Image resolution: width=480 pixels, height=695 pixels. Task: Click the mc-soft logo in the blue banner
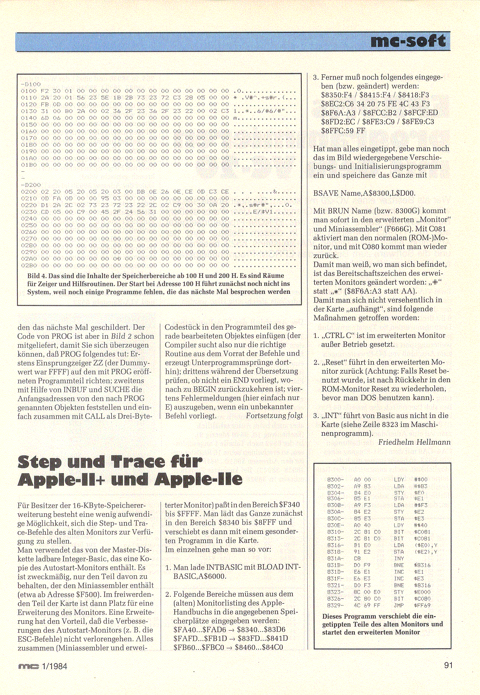click(x=408, y=41)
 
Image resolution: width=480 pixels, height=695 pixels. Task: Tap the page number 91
click(x=448, y=665)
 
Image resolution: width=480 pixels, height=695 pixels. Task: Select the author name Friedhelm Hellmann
click(x=414, y=442)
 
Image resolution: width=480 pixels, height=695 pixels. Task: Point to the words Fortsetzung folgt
click(x=274, y=415)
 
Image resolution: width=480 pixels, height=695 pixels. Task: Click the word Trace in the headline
click(x=138, y=462)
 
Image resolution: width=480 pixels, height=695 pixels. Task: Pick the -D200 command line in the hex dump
click(x=31, y=185)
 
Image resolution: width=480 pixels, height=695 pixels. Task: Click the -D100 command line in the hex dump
click(x=31, y=84)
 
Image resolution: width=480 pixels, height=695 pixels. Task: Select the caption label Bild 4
click(x=37, y=276)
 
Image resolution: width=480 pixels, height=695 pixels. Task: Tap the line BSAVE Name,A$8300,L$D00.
click(x=364, y=193)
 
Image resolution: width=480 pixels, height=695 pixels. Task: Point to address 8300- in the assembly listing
click(x=335, y=480)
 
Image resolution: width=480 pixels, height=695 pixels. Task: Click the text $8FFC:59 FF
click(x=343, y=131)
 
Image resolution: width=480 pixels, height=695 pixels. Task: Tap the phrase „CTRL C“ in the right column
click(x=337, y=336)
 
